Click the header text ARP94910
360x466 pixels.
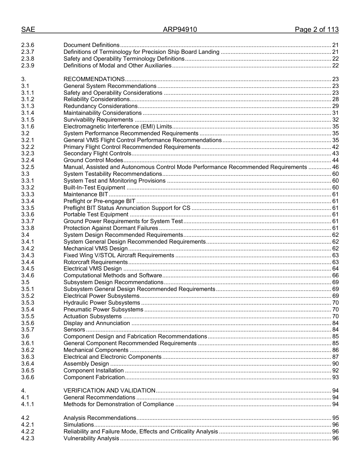pyautogui.click(x=180, y=30)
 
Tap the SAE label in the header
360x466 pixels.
pyautogui.click(x=28, y=30)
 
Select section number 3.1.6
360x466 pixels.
pyautogui.click(x=28, y=127)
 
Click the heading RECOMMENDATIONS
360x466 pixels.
pyautogui.click(x=94, y=79)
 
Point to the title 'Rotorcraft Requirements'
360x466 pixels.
pyautogui.click(x=96, y=262)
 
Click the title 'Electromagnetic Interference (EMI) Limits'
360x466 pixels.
pyautogui.click(x=117, y=127)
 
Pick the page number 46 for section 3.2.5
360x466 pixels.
pyautogui.click(x=335, y=167)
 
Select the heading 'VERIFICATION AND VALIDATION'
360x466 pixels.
pyautogui.click(x=109, y=391)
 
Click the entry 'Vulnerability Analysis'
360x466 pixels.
pyautogui.click(x=91, y=438)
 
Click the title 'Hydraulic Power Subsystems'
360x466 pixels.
pyautogui.click(x=102, y=303)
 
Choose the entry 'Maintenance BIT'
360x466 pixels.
pyautogui.click(x=86, y=194)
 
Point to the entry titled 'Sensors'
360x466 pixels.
pyautogui.click(x=74, y=330)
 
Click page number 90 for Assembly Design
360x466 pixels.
pyautogui.click(x=335, y=364)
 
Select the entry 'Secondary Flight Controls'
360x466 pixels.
pyautogui.click(x=97, y=153)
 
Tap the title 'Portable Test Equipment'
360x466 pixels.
pyautogui.click(x=96, y=214)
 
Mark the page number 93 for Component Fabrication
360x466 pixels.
pyautogui.click(x=335, y=377)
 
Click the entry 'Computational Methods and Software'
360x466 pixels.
pyautogui.click(x=113, y=275)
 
